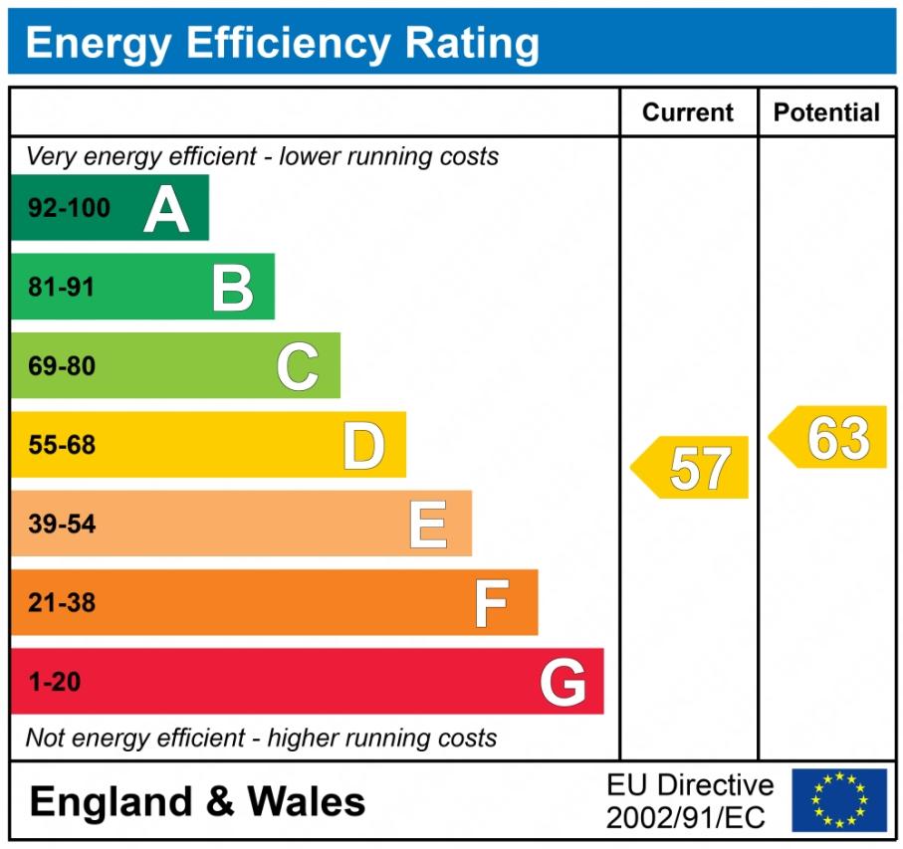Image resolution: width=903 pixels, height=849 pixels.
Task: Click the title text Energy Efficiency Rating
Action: click(282, 44)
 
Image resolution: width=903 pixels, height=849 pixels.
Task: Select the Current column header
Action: click(688, 112)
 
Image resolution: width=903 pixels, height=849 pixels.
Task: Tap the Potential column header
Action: click(826, 112)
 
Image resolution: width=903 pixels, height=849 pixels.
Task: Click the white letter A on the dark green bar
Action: click(165, 209)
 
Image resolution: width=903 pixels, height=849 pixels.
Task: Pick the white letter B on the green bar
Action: click(232, 288)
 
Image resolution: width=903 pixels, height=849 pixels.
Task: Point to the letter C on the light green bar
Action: click(298, 366)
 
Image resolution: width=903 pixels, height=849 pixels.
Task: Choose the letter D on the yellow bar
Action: click(363, 446)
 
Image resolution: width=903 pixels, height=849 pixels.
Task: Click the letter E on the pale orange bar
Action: click(428, 525)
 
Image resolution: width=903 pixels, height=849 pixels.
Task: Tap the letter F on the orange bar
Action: click(491, 603)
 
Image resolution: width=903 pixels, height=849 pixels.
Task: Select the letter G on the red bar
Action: click(563, 683)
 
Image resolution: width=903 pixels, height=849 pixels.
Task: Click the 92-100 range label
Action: click(69, 209)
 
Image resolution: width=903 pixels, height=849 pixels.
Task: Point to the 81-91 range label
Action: click(62, 288)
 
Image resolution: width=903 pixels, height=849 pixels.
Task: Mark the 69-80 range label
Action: click(62, 366)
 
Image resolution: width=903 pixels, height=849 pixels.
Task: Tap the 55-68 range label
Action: click(62, 446)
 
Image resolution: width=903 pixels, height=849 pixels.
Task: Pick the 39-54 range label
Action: click(62, 525)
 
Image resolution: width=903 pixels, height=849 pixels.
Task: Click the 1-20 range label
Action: click(55, 683)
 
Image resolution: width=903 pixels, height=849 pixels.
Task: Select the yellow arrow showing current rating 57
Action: click(691, 468)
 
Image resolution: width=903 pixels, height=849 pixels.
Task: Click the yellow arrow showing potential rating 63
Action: click(829, 437)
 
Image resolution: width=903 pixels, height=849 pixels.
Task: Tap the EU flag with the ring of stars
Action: click(839, 800)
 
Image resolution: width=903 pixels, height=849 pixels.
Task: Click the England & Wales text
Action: click(198, 801)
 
